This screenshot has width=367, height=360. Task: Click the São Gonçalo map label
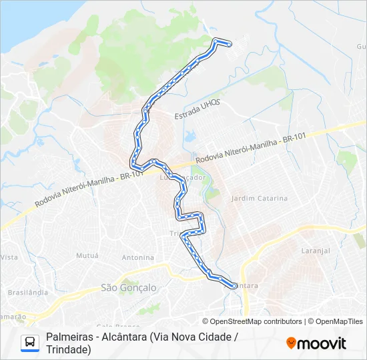point(128,287)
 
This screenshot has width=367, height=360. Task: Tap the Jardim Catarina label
point(259,199)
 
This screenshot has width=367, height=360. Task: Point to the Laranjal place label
point(316,251)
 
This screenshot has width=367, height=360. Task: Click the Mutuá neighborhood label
point(87,255)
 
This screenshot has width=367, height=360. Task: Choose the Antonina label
point(137,257)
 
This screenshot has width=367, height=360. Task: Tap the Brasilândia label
point(27,292)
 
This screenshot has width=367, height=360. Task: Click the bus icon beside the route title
point(30,343)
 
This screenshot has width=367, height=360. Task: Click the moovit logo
point(316,343)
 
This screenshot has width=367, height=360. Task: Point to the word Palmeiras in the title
point(69,337)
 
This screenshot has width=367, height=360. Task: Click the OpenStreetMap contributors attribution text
point(256,321)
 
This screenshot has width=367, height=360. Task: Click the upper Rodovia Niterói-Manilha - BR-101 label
point(251,149)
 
